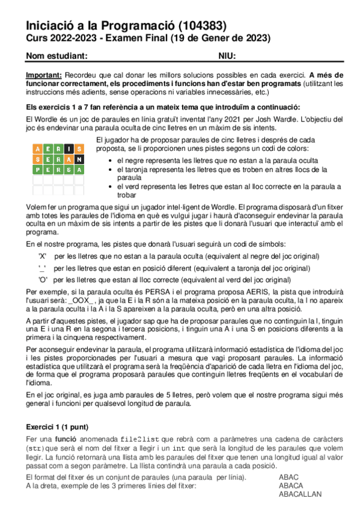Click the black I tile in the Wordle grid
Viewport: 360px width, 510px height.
click(70, 149)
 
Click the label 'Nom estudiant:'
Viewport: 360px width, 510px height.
click(58, 56)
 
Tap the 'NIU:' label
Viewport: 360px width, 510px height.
click(227, 56)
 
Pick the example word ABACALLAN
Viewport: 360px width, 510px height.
click(300, 494)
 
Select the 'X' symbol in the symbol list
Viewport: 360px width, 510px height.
click(42, 256)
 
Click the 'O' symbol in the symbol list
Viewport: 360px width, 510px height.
click(42, 280)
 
